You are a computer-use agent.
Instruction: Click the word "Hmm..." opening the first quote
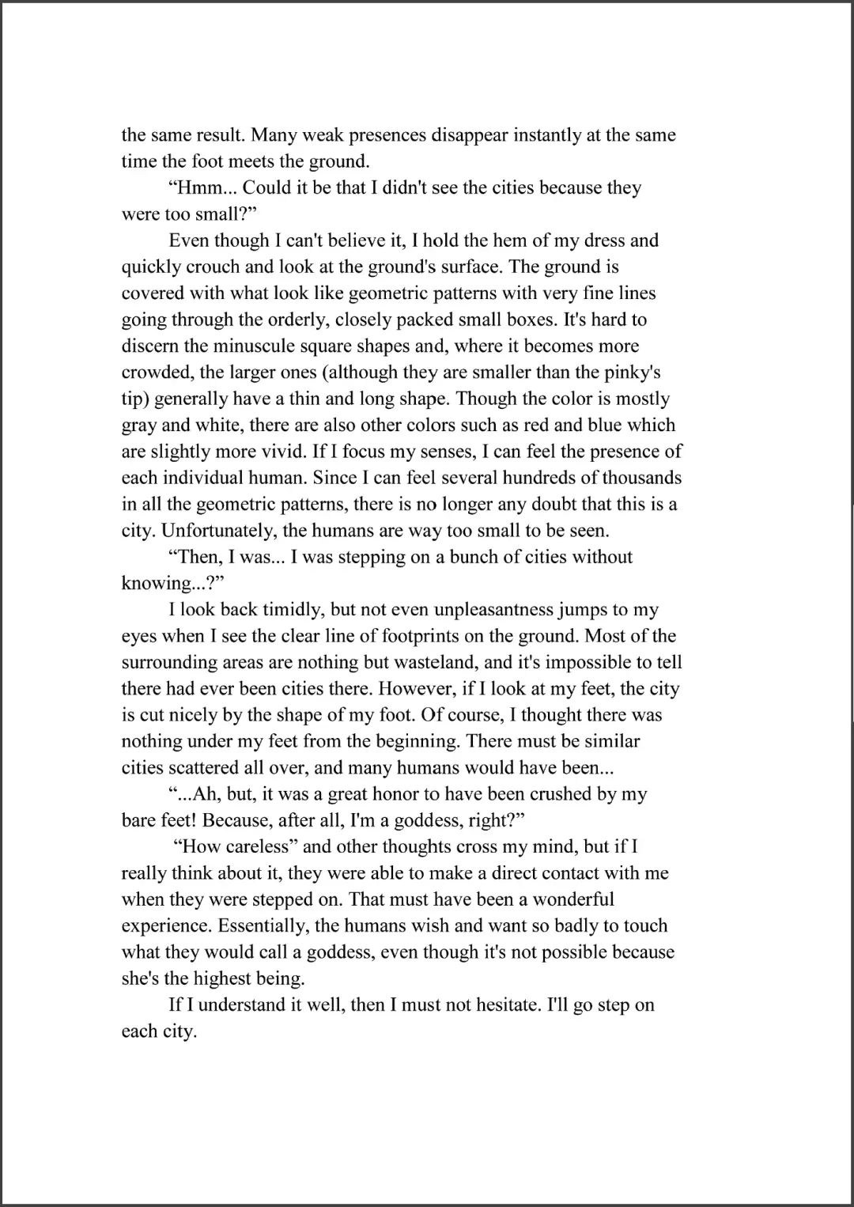[202, 188]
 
